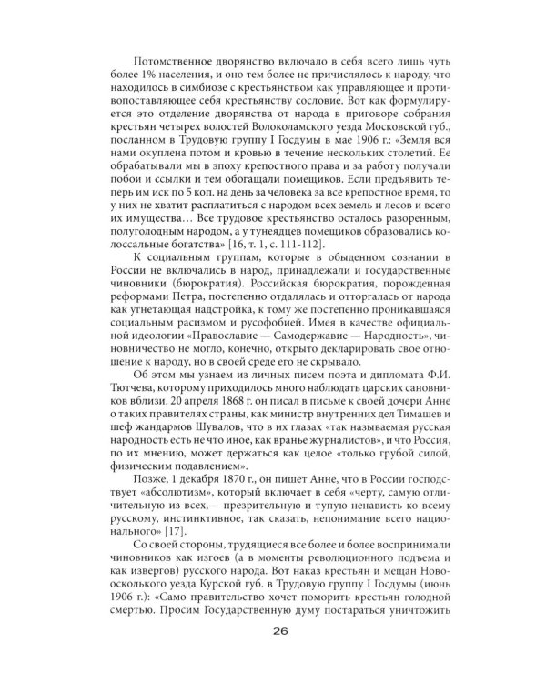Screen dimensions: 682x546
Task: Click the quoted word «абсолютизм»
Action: pyautogui.click(x=138, y=486)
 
